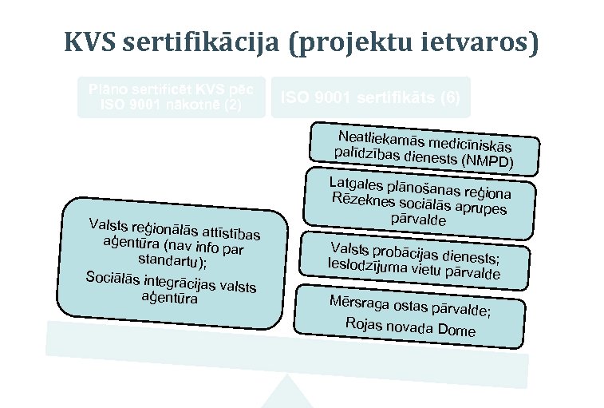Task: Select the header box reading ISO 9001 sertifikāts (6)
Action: click(x=370, y=97)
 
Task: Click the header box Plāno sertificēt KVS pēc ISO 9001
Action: click(x=171, y=97)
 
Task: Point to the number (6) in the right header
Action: click(x=449, y=97)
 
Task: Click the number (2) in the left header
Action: click(x=231, y=105)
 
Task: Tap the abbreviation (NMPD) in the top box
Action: click(x=488, y=162)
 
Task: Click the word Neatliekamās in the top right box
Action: click(x=374, y=137)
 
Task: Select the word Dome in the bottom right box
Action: click(x=456, y=331)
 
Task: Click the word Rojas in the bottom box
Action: click(x=363, y=323)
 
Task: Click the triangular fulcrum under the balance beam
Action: click(x=286, y=395)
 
